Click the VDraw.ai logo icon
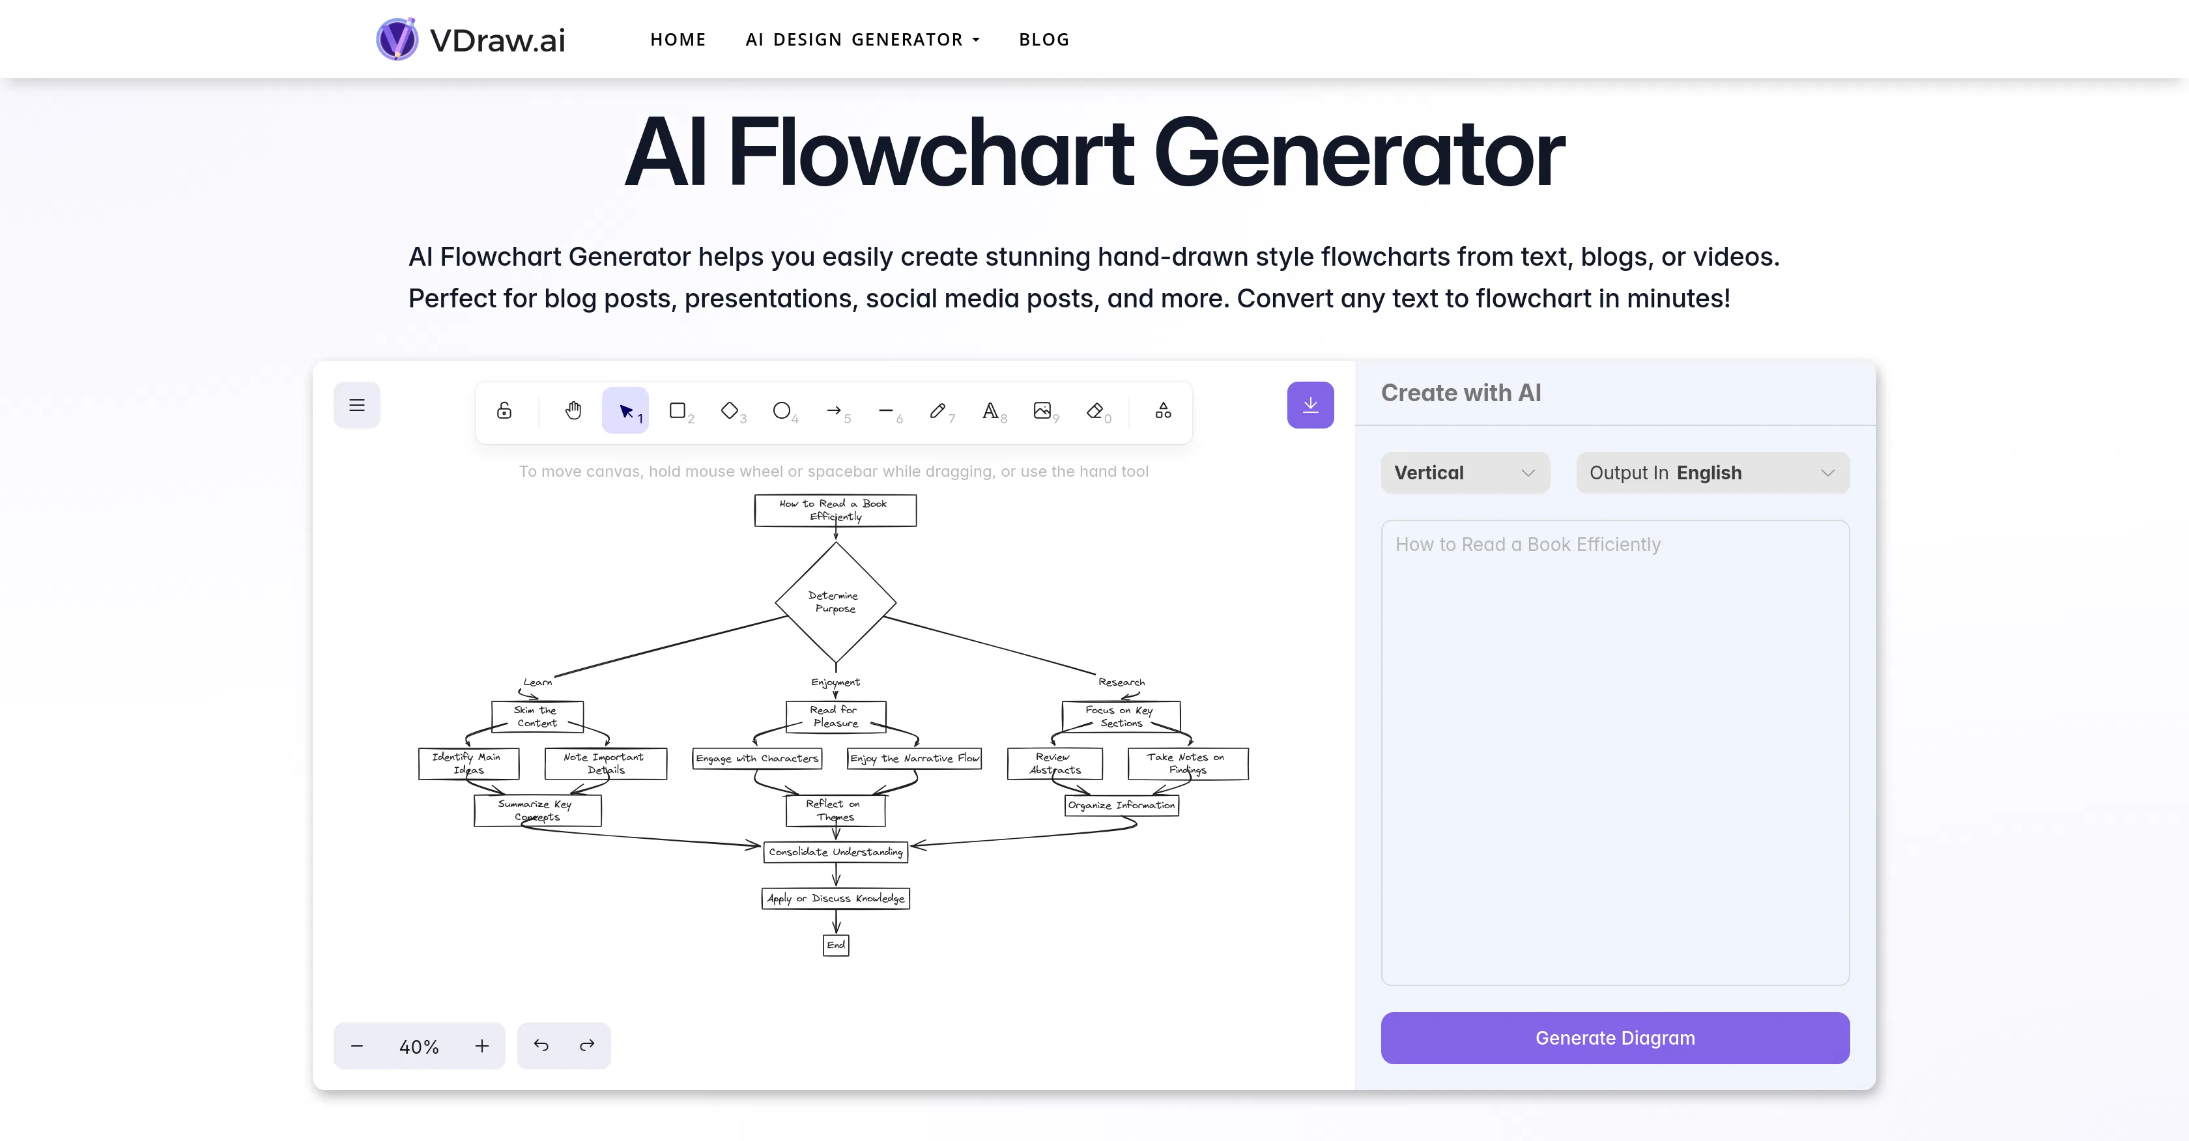[397, 39]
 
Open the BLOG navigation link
[1044, 40]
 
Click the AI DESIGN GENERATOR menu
[862, 40]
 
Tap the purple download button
[1309, 405]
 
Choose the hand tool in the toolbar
[573, 411]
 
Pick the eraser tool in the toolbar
[1095, 411]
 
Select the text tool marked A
[990, 411]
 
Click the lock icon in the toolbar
[504, 411]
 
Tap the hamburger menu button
[357, 405]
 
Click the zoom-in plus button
[482, 1046]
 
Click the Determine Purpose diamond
[835, 602]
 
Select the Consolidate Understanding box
[835, 851]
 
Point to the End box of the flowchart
[835, 945]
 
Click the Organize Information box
[1121, 804]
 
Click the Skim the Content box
[536, 716]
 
